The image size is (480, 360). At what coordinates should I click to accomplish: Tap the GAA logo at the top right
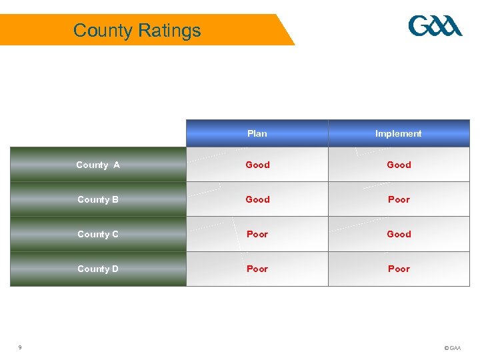point(435,26)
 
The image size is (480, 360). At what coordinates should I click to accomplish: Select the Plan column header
point(257,133)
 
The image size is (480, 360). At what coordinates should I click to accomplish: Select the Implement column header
point(398,133)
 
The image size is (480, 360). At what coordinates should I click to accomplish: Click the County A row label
point(98,165)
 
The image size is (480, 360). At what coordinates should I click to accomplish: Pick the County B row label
point(98,199)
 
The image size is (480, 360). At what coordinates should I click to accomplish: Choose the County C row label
point(98,234)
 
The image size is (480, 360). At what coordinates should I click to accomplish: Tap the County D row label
point(98,269)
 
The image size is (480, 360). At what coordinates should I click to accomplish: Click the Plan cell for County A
point(257,165)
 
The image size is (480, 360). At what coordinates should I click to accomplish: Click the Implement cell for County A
point(399,165)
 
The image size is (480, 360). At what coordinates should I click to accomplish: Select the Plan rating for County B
point(257,199)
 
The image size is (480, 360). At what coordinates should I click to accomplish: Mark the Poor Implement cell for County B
point(399,199)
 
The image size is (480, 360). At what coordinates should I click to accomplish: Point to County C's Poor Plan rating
point(257,234)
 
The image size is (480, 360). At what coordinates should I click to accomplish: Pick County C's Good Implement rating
point(399,234)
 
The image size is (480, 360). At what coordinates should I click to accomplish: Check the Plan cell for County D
point(257,269)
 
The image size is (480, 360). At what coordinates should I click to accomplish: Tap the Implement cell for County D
point(399,269)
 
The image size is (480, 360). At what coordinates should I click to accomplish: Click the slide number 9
point(20,347)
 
